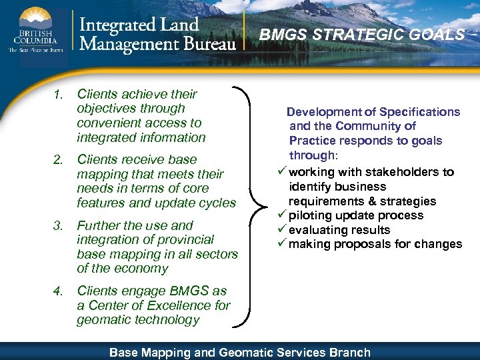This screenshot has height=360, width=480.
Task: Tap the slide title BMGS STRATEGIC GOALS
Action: point(362,35)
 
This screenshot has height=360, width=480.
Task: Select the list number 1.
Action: point(58,95)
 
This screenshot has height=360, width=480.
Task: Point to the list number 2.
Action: point(58,160)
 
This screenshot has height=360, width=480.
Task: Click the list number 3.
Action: point(58,226)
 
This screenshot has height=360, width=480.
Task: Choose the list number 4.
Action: point(58,291)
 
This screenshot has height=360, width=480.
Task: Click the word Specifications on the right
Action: point(419,112)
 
